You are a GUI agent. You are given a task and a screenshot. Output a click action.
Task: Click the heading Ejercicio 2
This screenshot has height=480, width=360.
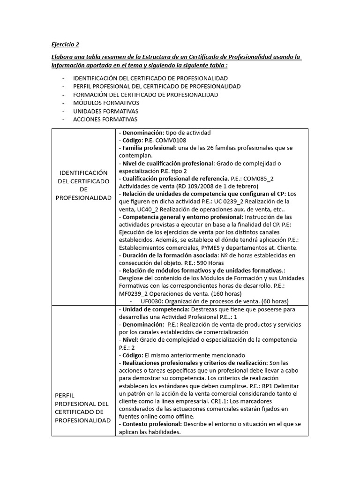coord(65,45)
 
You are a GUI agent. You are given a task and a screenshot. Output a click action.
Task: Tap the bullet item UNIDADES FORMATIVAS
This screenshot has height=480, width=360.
coord(105,111)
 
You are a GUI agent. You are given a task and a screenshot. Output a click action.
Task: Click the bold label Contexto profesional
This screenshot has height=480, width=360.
coord(152,424)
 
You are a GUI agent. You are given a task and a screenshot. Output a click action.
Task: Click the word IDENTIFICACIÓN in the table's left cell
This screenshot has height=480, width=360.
coord(83,172)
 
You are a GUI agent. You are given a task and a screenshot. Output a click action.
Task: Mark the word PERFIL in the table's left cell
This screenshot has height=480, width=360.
coord(64,395)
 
